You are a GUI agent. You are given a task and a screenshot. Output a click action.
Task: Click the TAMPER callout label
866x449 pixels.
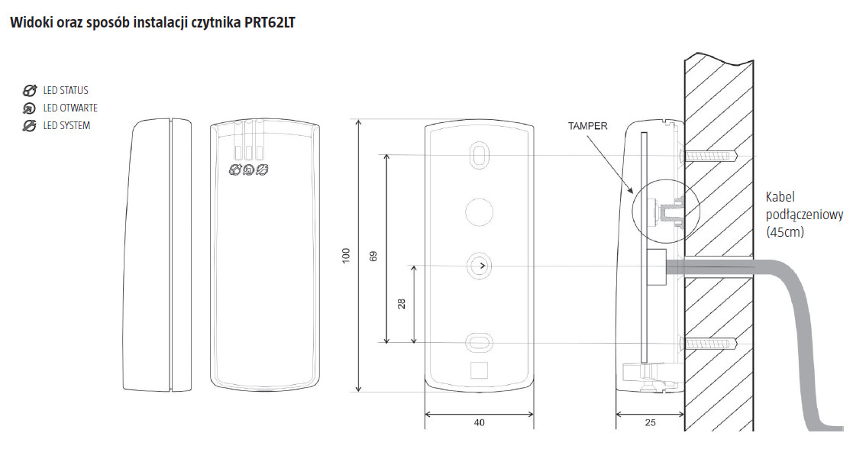pyautogui.click(x=588, y=126)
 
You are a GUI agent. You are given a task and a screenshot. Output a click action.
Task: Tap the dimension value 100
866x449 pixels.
pyautogui.click(x=346, y=255)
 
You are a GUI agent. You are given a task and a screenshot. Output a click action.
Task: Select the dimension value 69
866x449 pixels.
pyautogui.click(x=373, y=257)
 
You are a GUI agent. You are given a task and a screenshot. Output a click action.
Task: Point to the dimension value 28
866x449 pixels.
pyautogui.click(x=402, y=304)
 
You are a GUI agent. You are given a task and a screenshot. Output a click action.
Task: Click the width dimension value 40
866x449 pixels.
pyautogui.click(x=480, y=422)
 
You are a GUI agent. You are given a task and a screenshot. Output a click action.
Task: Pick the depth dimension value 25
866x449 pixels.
pyautogui.click(x=650, y=422)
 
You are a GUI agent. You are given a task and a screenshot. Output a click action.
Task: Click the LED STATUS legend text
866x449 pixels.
pyautogui.click(x=66, y=91)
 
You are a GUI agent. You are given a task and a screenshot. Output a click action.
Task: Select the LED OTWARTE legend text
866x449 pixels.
pyautogui.click(x=70, y=108)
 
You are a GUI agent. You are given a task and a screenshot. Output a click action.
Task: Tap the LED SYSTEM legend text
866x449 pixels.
pyautogui.click(x=66, y=126)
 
